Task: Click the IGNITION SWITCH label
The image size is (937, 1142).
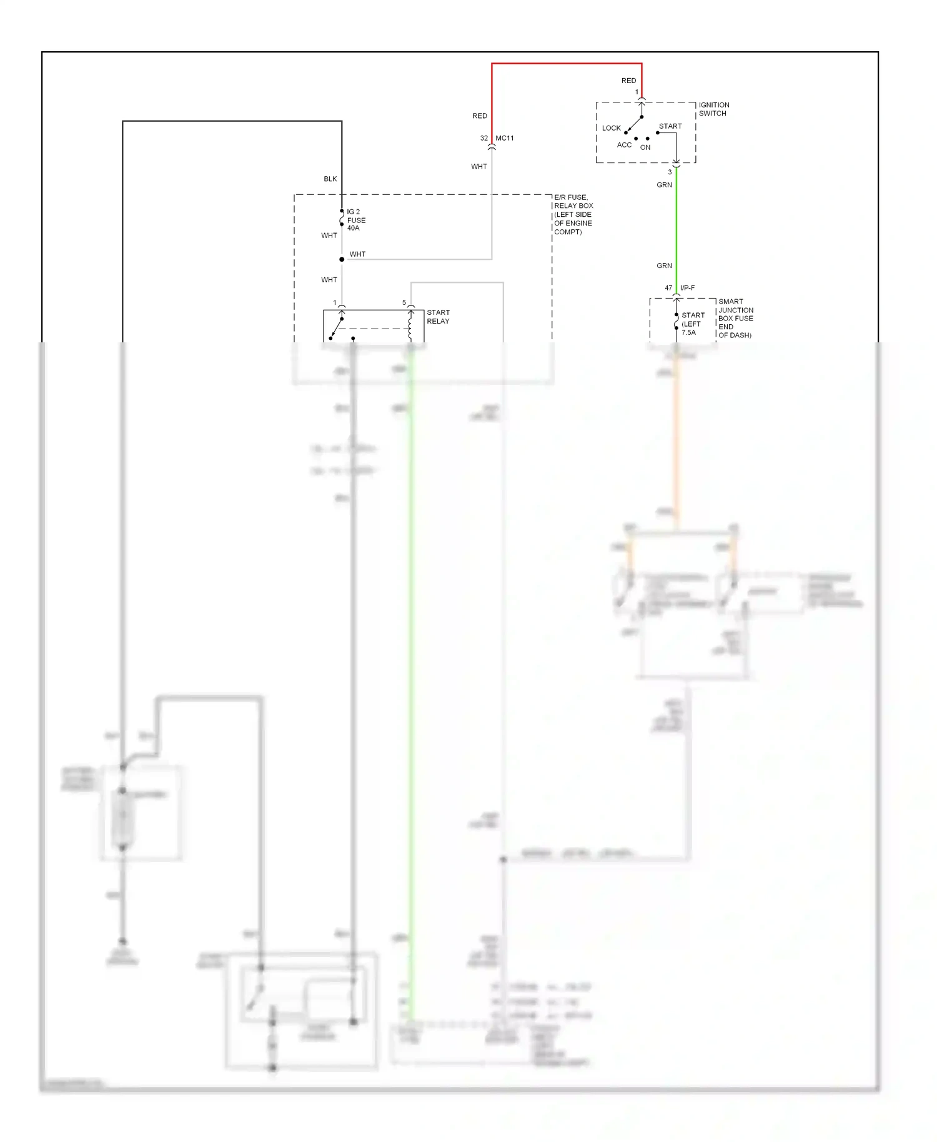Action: [x=713, y=109]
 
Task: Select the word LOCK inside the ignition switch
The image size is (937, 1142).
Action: [x=611, y=128]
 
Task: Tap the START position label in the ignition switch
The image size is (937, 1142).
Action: [x=670, y=126]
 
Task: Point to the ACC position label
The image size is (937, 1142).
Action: [x=624, y=145]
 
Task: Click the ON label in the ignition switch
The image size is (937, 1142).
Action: [x=645, y=147]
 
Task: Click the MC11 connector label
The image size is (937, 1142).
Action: [x=505, y=138]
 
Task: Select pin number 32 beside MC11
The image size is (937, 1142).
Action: [x=484, y=138]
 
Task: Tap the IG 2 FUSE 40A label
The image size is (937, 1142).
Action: [x=356, y=220]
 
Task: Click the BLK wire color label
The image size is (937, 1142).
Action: [x=330, y=179]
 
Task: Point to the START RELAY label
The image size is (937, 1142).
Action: [x=438, y=317]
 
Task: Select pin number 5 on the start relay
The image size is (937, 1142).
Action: [x=404, y=302]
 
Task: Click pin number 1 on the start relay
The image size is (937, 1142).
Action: [x=335, y=302]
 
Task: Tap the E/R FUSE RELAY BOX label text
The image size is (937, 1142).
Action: [x=573, y=214]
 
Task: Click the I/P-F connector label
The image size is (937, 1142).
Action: [x=687, y=288]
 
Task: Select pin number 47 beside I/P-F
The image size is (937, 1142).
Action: [x=668, y=288]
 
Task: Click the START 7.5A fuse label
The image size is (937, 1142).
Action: [x=692, y=324]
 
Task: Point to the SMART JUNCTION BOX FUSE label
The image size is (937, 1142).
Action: [x=735, y=318]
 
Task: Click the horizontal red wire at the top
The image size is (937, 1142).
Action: [x=566, y=63]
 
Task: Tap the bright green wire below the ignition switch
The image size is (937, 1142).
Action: [x=676, y=225]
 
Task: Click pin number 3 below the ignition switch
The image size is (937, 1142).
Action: [x=670, y=172]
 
